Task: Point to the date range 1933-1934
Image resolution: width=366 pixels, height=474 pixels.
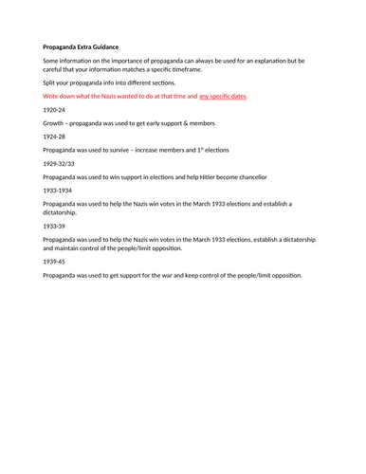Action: click(59, 190)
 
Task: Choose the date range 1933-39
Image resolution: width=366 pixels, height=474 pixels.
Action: click(55, 226)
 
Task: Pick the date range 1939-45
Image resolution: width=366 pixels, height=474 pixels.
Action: click(55, 261)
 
